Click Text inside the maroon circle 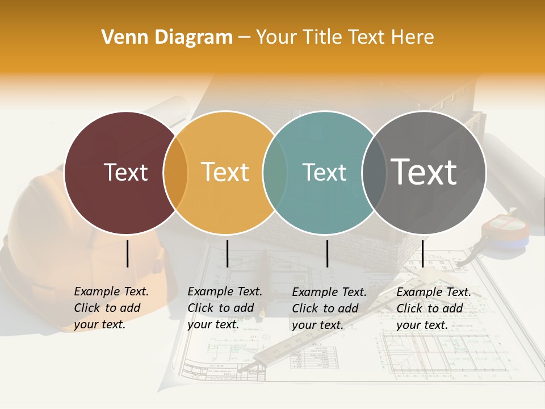click(x=125, y=172)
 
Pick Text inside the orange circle click(x=225, y=172)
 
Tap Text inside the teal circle click(x=325, y=172)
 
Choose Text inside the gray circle click(x=424, y=172)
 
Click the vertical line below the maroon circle click(x=127, y=253)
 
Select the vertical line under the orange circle click(x=227, y=253)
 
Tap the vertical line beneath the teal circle click(x=327, y=253)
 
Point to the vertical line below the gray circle click(x=422, y=253)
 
